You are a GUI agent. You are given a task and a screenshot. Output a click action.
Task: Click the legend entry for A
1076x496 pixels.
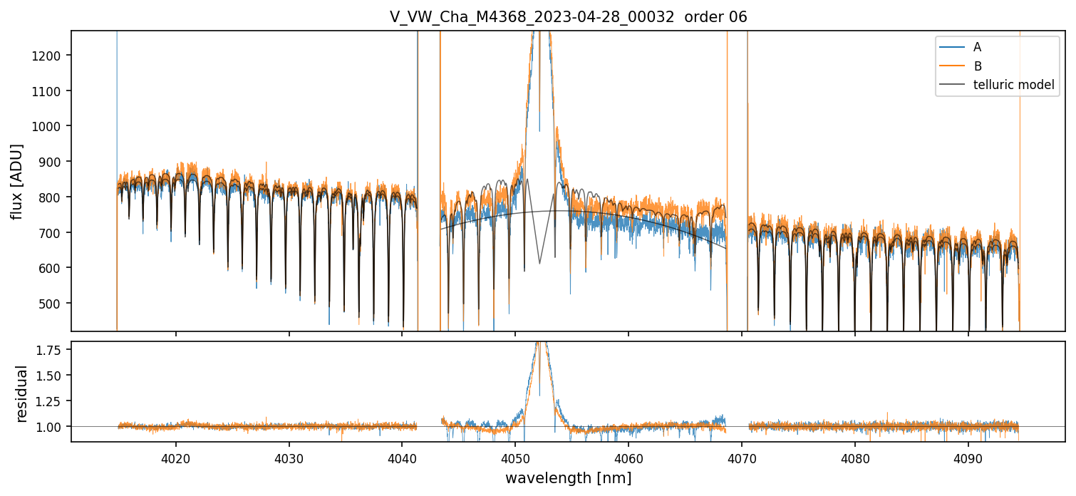pyautogui.click(x=978, y=47)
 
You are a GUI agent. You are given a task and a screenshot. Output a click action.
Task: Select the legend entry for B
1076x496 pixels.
pyautogui.click(x=978, y=66)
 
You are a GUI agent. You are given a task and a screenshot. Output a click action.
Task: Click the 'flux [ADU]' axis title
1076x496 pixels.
pyautogui.click(x=17, y=182)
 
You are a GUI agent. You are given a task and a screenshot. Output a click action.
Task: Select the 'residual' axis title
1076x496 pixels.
pyautogui.click(x=21, y=393)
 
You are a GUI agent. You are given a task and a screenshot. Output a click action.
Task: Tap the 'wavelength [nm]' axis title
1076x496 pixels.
pyautogui.click(x=568, y=478)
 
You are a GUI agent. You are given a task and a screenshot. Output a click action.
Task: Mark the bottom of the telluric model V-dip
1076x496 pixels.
pyautogui.click(x=539, y=264)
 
